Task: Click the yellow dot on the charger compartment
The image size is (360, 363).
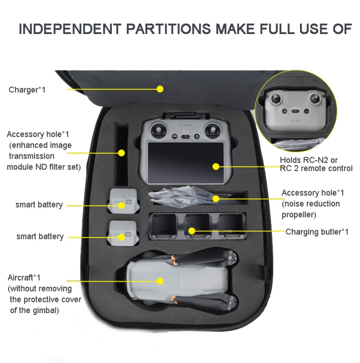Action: tap(160, 89)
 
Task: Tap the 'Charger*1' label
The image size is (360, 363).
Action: tap(27, 90)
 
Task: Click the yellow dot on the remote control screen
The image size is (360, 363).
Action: tap(216, 166)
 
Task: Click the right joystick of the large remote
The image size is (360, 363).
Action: tap(212, 129)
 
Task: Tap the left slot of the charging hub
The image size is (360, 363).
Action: tap(163, 226)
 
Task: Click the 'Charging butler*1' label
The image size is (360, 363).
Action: tap(317, 232)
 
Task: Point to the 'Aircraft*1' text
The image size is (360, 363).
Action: tap(24, 278)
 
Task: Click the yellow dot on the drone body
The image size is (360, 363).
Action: tap(160, 281)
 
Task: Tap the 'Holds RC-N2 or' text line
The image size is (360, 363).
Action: tap(309, 160)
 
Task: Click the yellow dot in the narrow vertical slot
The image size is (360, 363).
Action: tap(121, 153)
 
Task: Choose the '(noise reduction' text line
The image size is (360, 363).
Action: tap(311, 204)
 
